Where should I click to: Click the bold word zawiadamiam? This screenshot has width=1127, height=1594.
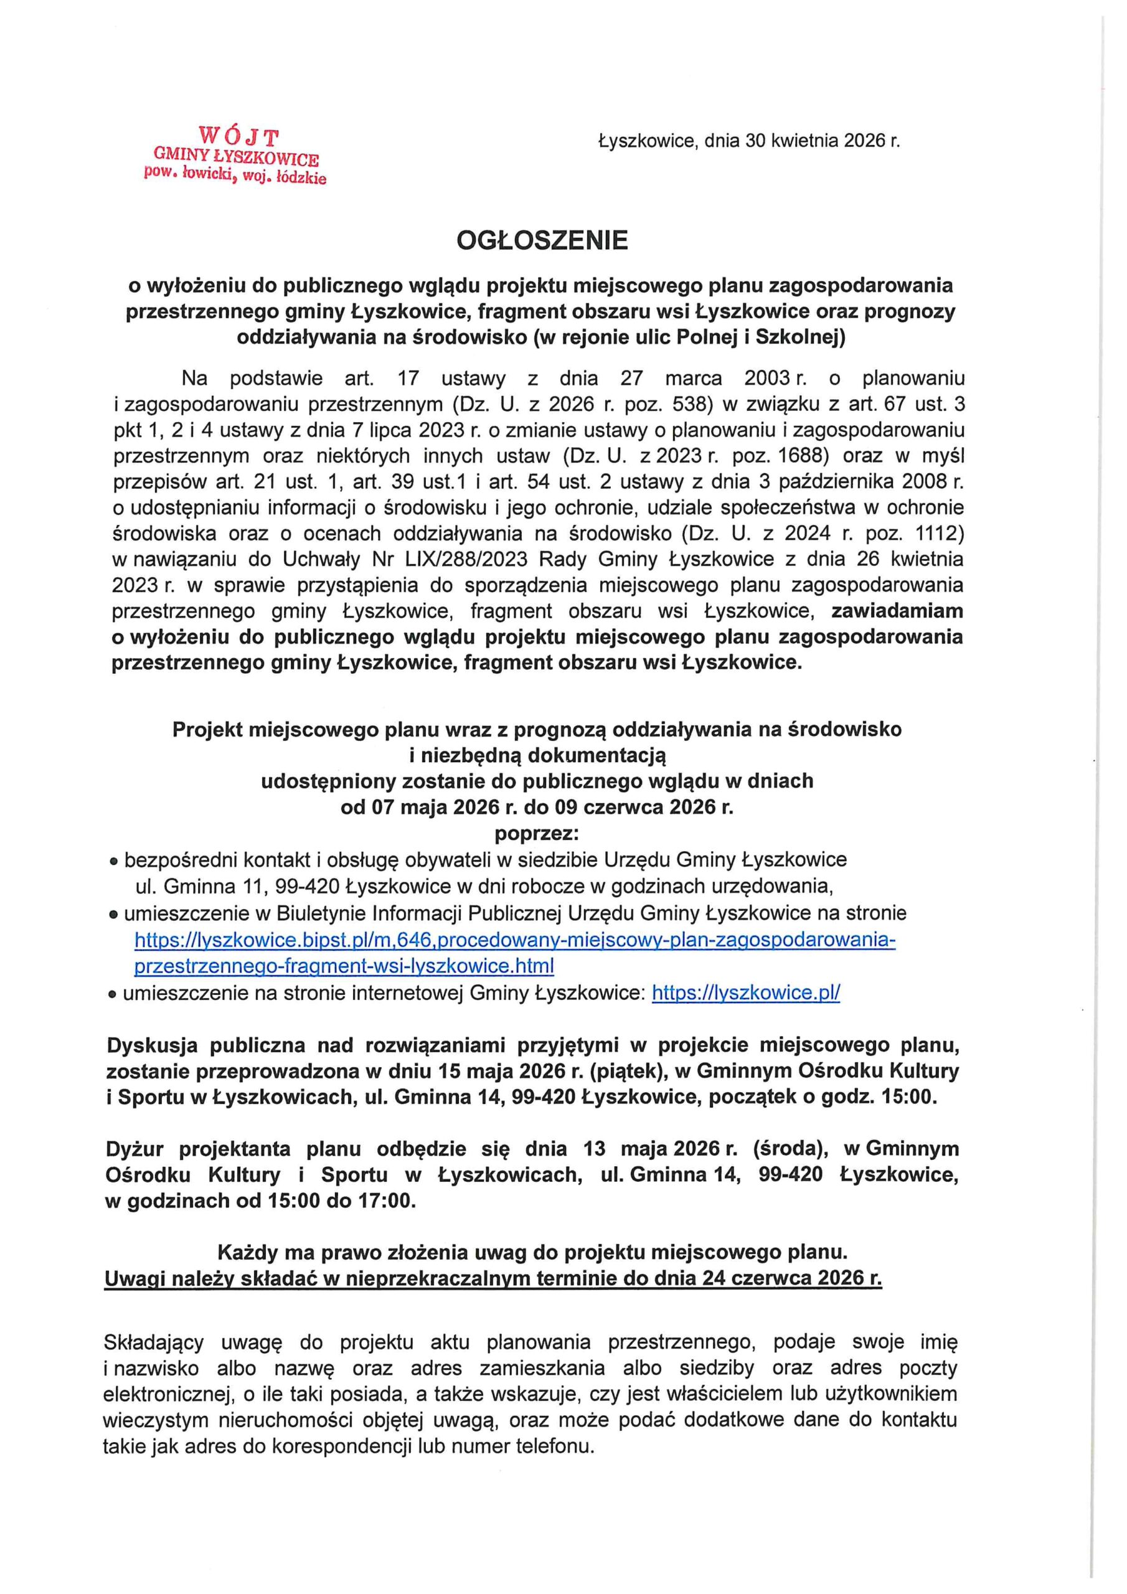[x=897, y=611]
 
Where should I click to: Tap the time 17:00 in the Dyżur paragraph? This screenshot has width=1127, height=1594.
[x=385, y=1200]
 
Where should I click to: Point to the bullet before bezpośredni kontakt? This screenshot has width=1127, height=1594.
[x=115, y=862]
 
